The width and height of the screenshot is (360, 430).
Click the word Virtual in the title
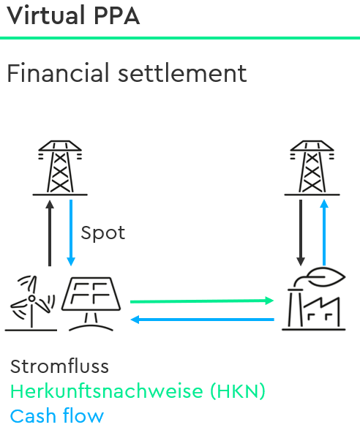[x=45, y=15]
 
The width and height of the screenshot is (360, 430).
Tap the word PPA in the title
[x=117, y=16]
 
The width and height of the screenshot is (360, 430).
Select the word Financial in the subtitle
[x=58, y=72]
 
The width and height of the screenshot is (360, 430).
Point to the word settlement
[x=182, y=73]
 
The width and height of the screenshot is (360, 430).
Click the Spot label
[x=103, y=233]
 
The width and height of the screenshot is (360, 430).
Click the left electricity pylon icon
[x=60, y=168]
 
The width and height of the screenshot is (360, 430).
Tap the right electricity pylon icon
[x=312, y=168]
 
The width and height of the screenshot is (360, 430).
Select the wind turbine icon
[x=31, y=303]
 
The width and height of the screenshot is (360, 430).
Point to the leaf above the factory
[x=326, y=277]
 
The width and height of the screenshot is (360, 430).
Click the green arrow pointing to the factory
[x=202, y=301]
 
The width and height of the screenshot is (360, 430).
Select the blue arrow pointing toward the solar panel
[x=202, y=320]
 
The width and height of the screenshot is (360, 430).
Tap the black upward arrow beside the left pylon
[x=50, y=233]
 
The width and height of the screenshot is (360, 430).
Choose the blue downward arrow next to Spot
[x=71, y=233]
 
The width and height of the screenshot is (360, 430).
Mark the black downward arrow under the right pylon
[x=301, y=233]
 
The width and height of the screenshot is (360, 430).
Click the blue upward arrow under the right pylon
[x=324, y=233]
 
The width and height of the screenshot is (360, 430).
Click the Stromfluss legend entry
[x=59, y=366]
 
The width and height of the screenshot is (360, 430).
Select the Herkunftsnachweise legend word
[x=107, y=391]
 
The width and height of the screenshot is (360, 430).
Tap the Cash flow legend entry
[x=57, y=415]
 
